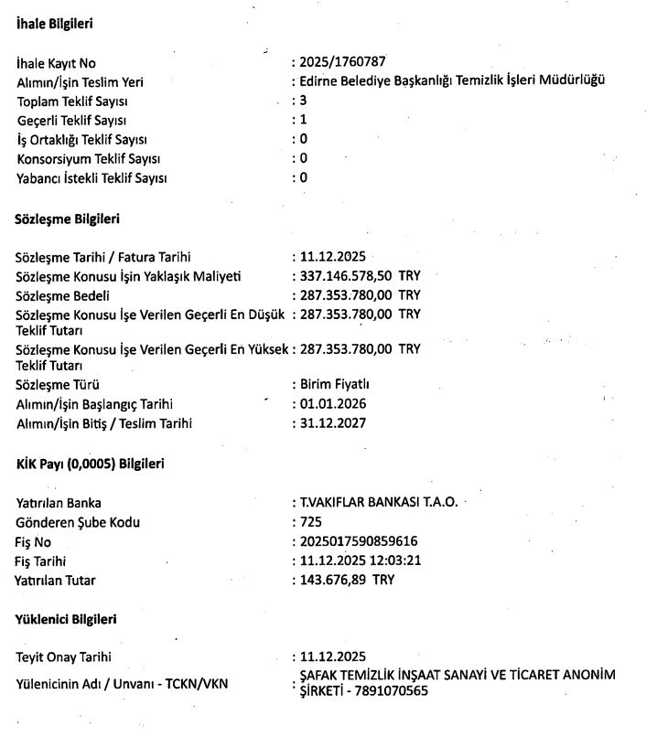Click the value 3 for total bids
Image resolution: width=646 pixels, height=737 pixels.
(x=303, y=100)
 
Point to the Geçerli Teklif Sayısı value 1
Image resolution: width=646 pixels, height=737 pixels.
(x=303, y=120)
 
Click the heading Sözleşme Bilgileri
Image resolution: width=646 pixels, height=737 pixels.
(x=68, y=219)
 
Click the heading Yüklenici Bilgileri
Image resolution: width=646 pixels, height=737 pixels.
(x=66, y=619)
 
